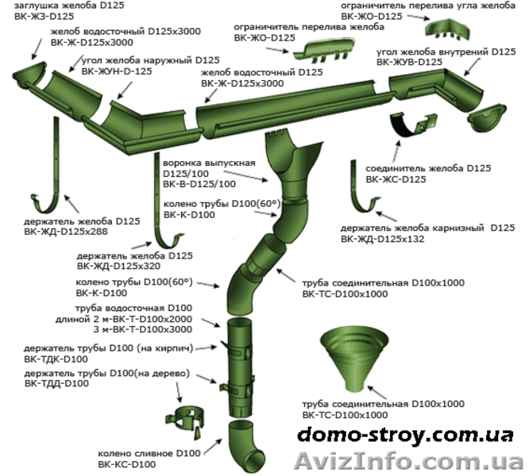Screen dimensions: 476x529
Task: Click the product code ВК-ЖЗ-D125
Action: pyautogui.click(x=37, y=15)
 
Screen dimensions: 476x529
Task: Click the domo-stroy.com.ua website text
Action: pyautogui.click(x=398, y=435)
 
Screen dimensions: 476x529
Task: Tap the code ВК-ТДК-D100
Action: pyautogui.click(x=56, y=359)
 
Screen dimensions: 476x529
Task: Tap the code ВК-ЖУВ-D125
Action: pyautogui.click(x=409, y=61)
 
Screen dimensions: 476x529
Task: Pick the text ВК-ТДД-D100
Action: pyautogui.click(x=56, y=383)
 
